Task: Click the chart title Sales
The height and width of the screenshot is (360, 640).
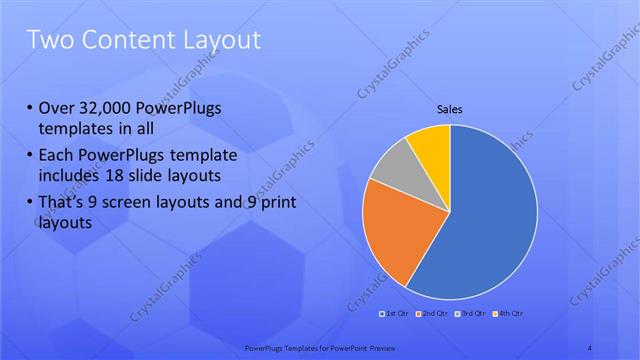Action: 450,109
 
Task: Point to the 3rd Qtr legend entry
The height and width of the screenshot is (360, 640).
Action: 469,313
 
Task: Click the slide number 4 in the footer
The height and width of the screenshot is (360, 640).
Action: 590,347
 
